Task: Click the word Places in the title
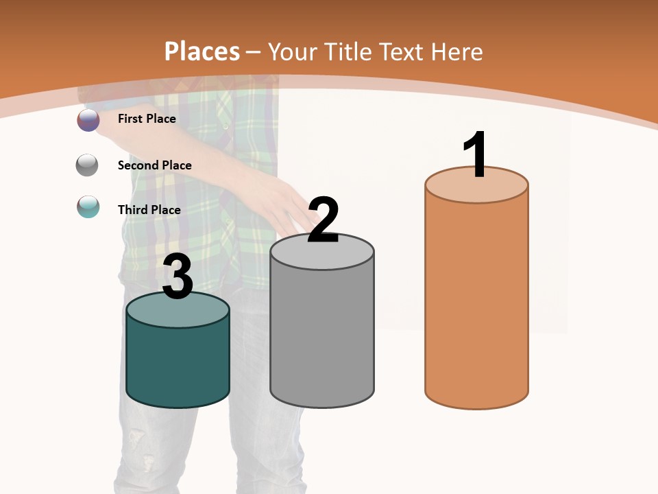(x=202, y=51)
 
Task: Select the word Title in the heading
(x=349, y=51)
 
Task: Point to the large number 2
(x=323, y=221)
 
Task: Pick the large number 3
(x=178, y=277)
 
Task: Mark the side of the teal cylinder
(x=178, y=364)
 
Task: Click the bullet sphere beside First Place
(x=88, y=119)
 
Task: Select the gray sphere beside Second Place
(x=87, y=165)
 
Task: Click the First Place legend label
(x=147, y=119)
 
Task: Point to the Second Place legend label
(x=154, y=165)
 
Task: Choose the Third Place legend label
(x=149, y=210)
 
